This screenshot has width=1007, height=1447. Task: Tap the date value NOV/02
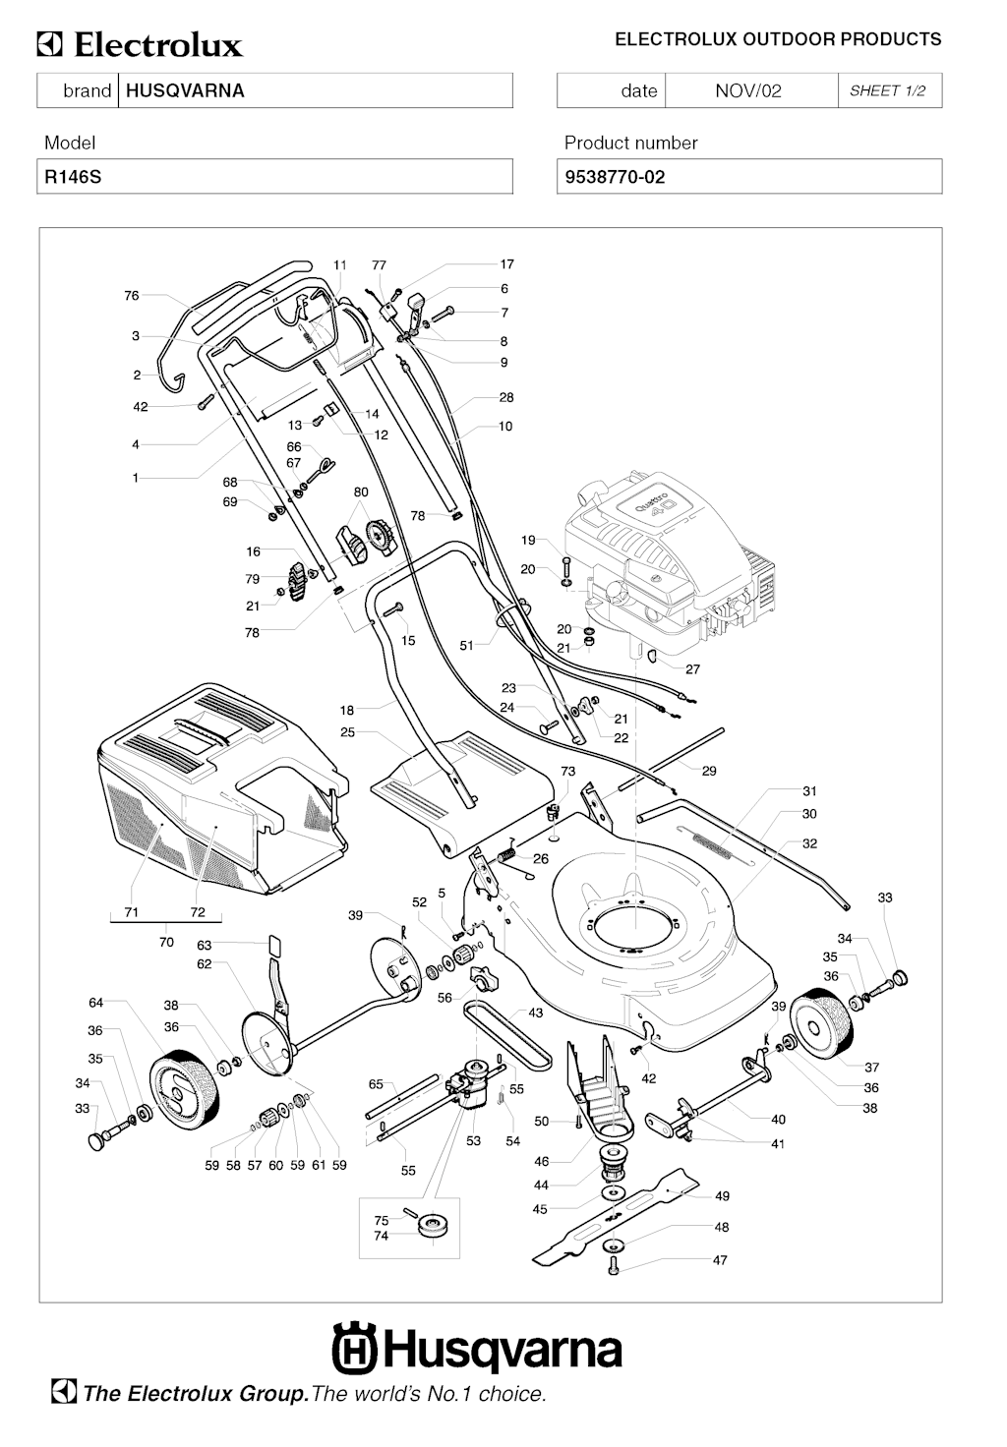[747, 91]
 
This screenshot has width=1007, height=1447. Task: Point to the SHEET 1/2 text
[887, 91]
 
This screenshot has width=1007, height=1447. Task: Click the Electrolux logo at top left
[140, 45]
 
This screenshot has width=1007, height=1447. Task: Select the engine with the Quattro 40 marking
[669, 570]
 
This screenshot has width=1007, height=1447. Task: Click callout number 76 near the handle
[132, 295]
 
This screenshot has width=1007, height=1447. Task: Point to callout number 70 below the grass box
[166, 942]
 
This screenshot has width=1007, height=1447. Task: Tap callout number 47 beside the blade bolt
[720, 1260]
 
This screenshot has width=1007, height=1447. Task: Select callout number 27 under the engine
[692, 669]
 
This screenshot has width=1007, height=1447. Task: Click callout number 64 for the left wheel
[95, 1003]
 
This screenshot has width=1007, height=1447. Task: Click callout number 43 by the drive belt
[536, 1013]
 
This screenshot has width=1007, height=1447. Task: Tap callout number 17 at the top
[506, 264]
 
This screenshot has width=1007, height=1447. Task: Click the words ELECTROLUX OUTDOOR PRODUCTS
[778, 40]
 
